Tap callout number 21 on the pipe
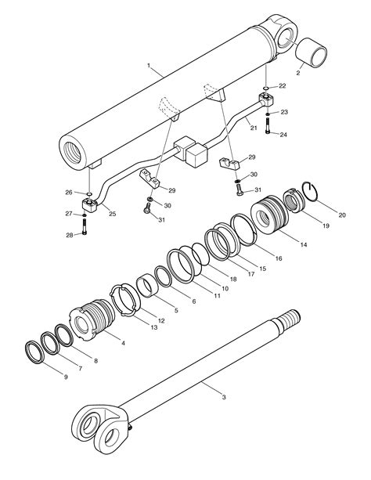[x=254, y=128]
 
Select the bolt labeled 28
[x=85, y=227]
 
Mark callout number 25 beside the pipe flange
[x=113, y=214]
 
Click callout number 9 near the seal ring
[x=66, y=377]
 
